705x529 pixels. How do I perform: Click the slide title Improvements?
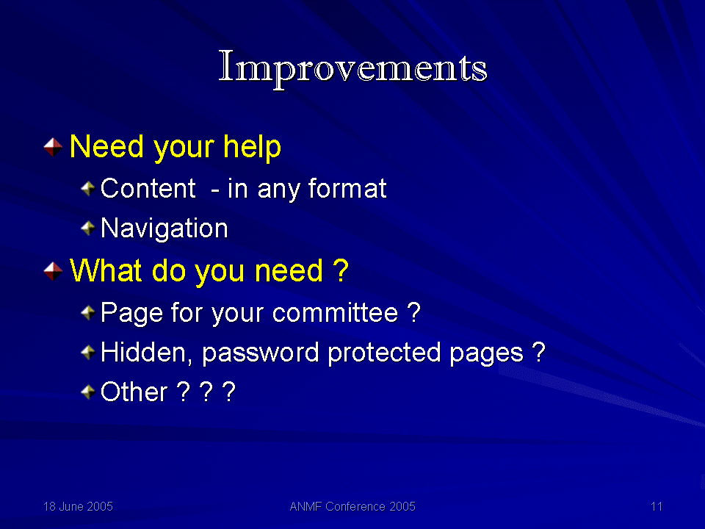click(x=353, y=68)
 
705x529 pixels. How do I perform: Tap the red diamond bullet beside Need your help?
click(x=53, y=147)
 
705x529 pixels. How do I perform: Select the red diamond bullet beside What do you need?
click(x=53, y=271)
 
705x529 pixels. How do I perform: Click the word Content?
click(x=148, y=188)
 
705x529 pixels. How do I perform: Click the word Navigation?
click(x=164, y=228)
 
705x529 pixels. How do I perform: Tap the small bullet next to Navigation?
click(x=87, y=228)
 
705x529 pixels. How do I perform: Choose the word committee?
click(x=335, y=313)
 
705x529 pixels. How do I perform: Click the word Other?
click(x=134, y=392)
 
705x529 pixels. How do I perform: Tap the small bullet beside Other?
click(x=87, y=392)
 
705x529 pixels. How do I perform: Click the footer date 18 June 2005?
click(x=78, y=506)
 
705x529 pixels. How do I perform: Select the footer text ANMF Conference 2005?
click(x=352, y=506)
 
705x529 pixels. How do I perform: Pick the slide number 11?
click(x=657, y=506)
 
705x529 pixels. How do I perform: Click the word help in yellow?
click(x=252, y=148)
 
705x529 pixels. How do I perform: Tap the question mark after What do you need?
click(x=341, y=271)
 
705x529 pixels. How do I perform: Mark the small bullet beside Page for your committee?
click(x=87, y=313)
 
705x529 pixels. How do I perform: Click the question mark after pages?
click(x=538, y=352)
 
